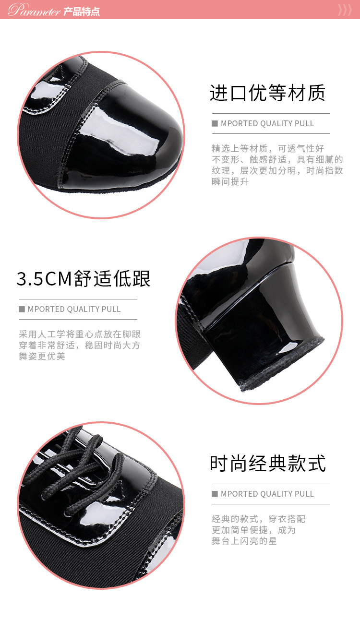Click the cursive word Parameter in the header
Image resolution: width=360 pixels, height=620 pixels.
point(34,10)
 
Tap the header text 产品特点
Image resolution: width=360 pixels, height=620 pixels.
point(82,12)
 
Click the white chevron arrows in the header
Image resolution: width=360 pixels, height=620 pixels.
point(345,10)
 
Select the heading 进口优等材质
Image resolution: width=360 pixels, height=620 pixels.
point(267,93)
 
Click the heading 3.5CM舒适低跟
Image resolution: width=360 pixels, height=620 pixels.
point(84,278)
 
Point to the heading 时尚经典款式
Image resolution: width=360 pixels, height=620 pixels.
point(267,464)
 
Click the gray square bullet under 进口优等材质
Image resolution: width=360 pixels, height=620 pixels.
point(215,123)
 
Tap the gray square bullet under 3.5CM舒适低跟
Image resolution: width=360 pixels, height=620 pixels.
point(22,309)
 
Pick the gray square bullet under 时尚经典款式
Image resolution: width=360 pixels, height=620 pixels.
point(215,494)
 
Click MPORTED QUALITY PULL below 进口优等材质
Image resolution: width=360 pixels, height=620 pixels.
point(267,123)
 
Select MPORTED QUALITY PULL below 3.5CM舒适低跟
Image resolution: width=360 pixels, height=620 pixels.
point(74,309)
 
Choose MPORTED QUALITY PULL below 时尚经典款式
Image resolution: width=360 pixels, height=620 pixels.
point(267,494)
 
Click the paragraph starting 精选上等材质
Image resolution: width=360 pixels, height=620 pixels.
point(277,165)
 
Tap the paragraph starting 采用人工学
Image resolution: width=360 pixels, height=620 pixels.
point(80,345)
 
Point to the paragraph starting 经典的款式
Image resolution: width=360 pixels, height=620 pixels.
point(258,530)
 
